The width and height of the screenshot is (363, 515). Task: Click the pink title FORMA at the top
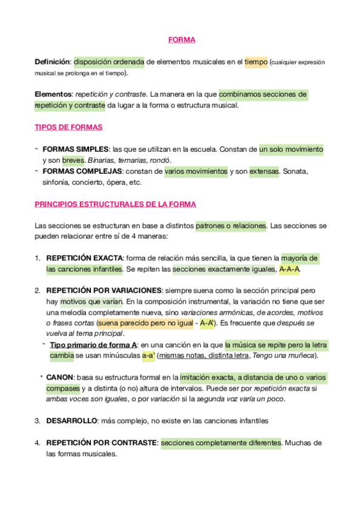pos(181,40)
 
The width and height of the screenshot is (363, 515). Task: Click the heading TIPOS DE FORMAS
pos(68,128)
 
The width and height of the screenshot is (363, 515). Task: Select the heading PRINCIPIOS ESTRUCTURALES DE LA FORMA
pos(115,204)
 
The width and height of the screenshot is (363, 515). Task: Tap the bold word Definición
pos(53,62)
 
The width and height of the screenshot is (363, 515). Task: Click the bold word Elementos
pos(53,95)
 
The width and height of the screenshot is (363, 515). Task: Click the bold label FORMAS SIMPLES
pos(76,149)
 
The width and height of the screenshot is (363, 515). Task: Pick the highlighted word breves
pos(73,160)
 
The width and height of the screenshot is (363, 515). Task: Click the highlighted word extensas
pos(264,171)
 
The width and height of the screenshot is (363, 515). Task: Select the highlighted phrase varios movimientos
pos(196,171)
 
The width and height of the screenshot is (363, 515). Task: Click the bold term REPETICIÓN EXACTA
pos(85,258)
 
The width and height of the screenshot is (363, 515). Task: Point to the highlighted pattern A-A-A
pos(290,269)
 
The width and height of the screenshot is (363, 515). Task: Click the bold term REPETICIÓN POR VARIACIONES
pos(104,291)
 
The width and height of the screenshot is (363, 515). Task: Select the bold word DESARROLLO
pos(72,421)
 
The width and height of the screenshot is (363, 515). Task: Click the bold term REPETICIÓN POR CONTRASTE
pos(102,443)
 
